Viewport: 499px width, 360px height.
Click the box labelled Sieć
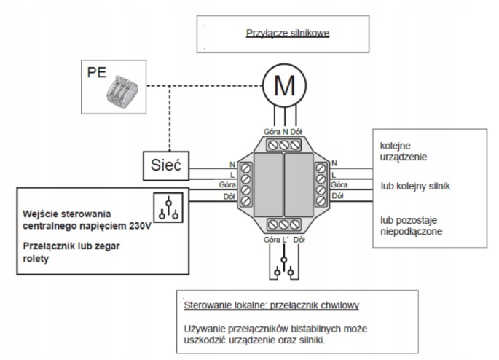165,166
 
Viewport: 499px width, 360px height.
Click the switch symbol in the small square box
169,208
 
